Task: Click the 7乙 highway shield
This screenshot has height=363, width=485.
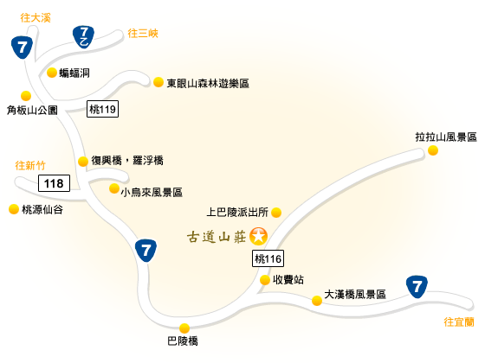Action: point(83,36)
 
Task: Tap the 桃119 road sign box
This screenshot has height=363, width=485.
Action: point(102,109)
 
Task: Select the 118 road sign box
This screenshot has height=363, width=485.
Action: point(54,183)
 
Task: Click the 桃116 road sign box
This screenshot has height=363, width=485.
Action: point(268,258)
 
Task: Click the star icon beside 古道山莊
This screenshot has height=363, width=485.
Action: point(258,236)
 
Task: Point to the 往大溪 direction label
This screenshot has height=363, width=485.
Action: point(36,17)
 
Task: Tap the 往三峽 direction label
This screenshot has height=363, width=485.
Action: point(143,33)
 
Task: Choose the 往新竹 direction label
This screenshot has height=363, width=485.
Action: point(30,165)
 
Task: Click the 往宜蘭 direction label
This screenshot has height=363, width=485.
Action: point(459,322)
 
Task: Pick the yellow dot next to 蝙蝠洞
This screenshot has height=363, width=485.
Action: point(52,73)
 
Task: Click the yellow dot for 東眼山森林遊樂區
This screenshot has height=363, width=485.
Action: point(158,82)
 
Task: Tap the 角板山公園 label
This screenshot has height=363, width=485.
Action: point(32,111)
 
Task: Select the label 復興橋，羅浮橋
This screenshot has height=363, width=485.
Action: point(127,161)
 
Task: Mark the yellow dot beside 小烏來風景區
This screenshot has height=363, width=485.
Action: point(114,188)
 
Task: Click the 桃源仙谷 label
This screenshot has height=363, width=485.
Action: point(42,209)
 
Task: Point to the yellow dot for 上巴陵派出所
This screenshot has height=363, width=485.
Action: point(276,213)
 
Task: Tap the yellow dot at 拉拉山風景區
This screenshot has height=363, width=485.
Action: point(433,150)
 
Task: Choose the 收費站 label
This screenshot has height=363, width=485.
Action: point(288,280)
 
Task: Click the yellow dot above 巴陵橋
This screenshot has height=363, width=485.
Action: point(184,328)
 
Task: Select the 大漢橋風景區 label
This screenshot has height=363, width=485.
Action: point(355,294)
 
